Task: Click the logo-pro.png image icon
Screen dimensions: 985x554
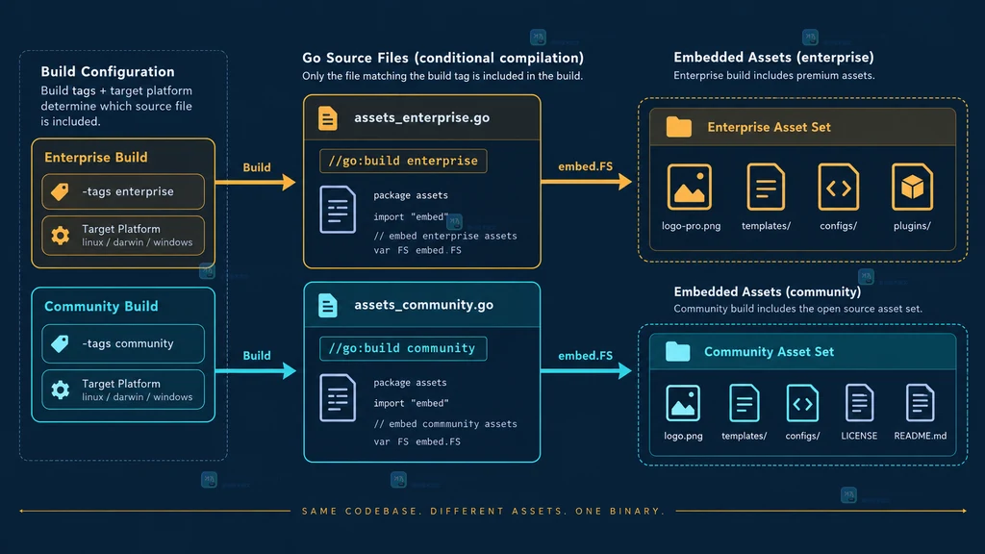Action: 689,187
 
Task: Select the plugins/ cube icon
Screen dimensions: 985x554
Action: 912,187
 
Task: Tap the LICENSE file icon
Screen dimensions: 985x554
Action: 859,403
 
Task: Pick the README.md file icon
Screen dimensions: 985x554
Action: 920,403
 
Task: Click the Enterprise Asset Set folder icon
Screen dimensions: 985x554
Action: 678,127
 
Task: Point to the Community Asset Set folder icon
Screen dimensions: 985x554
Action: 677,351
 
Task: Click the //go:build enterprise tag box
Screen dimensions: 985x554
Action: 403,161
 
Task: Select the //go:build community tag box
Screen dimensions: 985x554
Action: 403,348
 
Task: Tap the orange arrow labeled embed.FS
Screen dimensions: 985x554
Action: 586,182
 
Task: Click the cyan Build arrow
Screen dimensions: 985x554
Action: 256,370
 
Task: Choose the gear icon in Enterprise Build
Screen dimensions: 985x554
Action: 61,236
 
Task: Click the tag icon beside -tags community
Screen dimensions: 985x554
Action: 60,343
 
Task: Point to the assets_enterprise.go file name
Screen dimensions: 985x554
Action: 421,117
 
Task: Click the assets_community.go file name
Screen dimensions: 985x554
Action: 423,305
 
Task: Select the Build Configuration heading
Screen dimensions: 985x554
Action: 108,71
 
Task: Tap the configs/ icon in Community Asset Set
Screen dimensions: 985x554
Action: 802,403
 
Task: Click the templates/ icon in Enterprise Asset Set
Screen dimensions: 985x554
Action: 766,187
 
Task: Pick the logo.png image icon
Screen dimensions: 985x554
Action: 683,403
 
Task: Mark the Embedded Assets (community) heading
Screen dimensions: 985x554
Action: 767,291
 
